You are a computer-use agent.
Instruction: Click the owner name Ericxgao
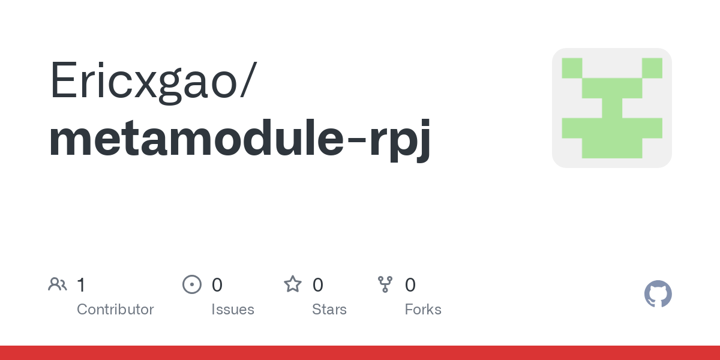[143, 82]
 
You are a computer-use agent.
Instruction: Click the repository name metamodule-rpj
[239, 140]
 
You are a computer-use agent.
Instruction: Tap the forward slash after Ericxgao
[248, 79]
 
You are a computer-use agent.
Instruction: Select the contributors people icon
[58, 284]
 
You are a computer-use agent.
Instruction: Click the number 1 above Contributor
[81, 285]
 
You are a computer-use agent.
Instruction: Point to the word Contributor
[115, 310]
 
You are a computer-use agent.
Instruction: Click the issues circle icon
[192, 284]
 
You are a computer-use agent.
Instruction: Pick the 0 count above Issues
[217, 285]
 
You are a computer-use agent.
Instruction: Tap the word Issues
[233, 310]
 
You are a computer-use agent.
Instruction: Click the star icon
[293, 284]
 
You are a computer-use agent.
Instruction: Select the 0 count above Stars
[317, 285]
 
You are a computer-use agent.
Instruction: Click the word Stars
[329, 310]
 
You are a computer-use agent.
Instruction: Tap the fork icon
[385, 284]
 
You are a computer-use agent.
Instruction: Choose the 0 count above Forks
[410, 285]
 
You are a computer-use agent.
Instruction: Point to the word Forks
[423, 310]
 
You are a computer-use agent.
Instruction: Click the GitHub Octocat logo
[658, 294]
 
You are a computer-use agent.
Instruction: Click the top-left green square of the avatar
[572, 68]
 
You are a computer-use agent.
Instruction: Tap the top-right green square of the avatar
[652, 68]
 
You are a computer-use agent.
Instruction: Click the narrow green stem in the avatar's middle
[612, 108]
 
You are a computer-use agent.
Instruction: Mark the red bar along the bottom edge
[360, 353]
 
